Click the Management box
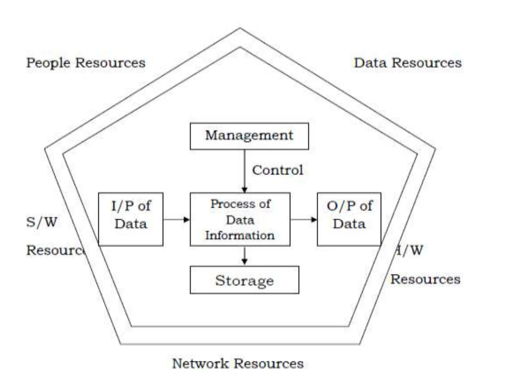pos(249,136)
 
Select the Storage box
pos(244,280)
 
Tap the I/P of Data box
pos(131,219)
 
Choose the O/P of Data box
pos(349,219)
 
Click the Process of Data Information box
pos(240,219)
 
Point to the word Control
pos(278,170)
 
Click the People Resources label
pos(86,63)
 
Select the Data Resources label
pos(408,63)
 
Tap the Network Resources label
pos(238,364)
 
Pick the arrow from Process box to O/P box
pos(304,220)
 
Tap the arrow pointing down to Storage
pos(244,256)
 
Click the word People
pos(48,63)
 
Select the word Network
pos(200,364)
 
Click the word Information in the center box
pos(240,235)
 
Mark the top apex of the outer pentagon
pos(240,28)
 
